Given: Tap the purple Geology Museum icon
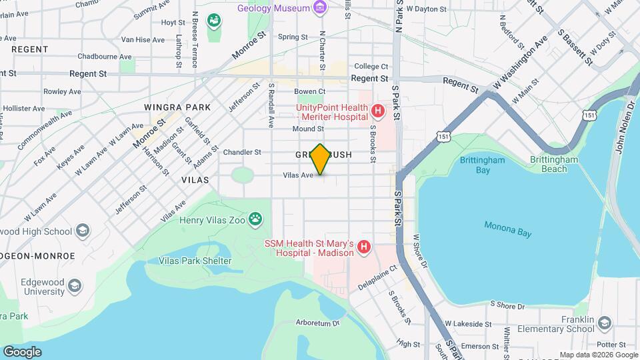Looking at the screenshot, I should [x=321, y=8].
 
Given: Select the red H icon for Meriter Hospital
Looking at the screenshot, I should [x=377, y=110].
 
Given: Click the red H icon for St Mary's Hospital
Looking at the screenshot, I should [x=364, y=248].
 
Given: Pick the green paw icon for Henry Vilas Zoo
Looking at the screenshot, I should [x=254, y=218].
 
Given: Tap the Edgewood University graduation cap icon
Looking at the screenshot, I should [x=75, y=286].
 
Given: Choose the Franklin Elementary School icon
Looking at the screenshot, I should [x=604, y=323].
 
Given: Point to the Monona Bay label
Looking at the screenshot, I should [x=508, y=228].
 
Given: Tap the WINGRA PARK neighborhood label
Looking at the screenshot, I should [x=177, y=107].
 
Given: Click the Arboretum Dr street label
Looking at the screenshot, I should [x=317, y=323].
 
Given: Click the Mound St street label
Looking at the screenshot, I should [x=307, y=129].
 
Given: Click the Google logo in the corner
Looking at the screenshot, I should [x=22, y=351].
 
